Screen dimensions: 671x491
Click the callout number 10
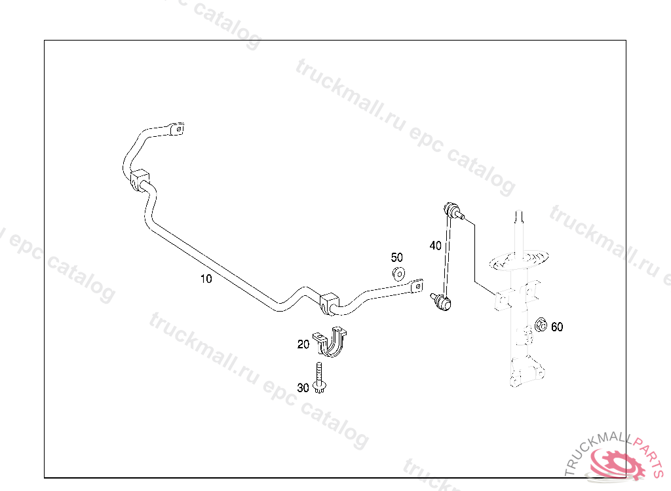pos(206,279)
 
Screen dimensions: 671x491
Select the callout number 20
pos(303,344)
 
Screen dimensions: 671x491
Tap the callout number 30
pos(303,388)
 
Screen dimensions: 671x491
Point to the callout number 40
pos(435,246)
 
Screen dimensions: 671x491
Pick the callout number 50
pos(397,258)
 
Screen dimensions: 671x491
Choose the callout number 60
pos(557,327)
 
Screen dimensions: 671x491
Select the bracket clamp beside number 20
pos(330,342)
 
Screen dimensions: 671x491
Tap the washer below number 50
pos(398,273)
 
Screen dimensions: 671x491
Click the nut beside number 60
pos(541,325)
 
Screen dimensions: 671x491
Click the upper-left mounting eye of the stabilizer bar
pos(175,128)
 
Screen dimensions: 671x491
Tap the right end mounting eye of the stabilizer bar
pos(416,286)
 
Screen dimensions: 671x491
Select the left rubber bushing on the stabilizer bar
pos(140,180)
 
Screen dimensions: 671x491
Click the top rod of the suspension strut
pos(520,226)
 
